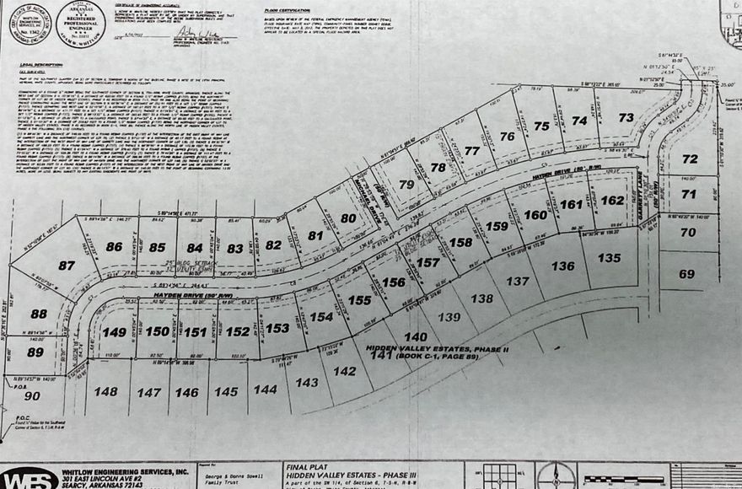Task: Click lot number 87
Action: point(66,264)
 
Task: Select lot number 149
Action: point(114,331)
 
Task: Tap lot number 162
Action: point(612,200)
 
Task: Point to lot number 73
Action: point(626,118)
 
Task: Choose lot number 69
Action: point(686,274)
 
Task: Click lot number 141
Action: point(382,355)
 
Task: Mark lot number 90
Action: point(32,395)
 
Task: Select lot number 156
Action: point(394,282)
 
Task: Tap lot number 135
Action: point(609,258)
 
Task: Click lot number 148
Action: point(106,391)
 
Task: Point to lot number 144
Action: point(265,389)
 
